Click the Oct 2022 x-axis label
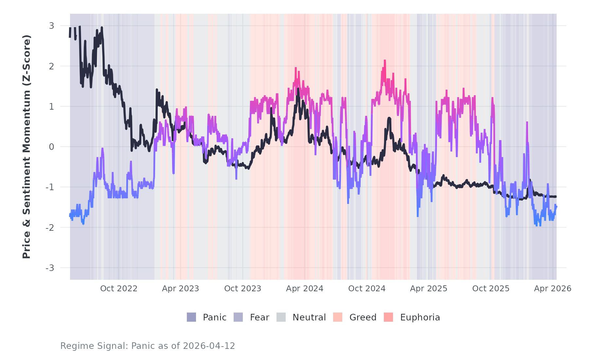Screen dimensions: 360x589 click(x=118, y=289)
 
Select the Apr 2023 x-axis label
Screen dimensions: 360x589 click(x=180, y=289)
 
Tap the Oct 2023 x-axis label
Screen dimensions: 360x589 click(x=242, y=289)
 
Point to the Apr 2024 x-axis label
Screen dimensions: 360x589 click(x=305, y=289)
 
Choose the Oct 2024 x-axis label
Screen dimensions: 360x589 click(x=367, y=289)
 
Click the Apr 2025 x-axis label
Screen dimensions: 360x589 click(x=429, y=289)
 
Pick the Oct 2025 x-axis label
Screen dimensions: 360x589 click(x=491, y=289)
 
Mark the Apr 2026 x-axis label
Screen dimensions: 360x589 click(x=553, y=289)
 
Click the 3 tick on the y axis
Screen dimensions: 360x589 click(x=51, y=26)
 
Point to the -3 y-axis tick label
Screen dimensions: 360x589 click(x=50, y=268)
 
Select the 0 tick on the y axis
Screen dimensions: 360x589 click(x=51, y=147)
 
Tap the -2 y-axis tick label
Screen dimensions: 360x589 click(x=50, y=228)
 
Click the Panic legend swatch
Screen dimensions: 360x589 click(x=191, y=317)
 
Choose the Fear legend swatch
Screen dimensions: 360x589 click(x=238, y=317)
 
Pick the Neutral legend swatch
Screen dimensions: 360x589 click(x=281, y=317)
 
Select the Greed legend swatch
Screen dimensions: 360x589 click(x=338, y=317)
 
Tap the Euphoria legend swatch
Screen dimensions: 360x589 click(x=388, y=317)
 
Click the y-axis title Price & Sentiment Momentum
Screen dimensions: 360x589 click(x=27, y=147)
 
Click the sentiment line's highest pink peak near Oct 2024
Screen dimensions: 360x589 click(x=385, y=61)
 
